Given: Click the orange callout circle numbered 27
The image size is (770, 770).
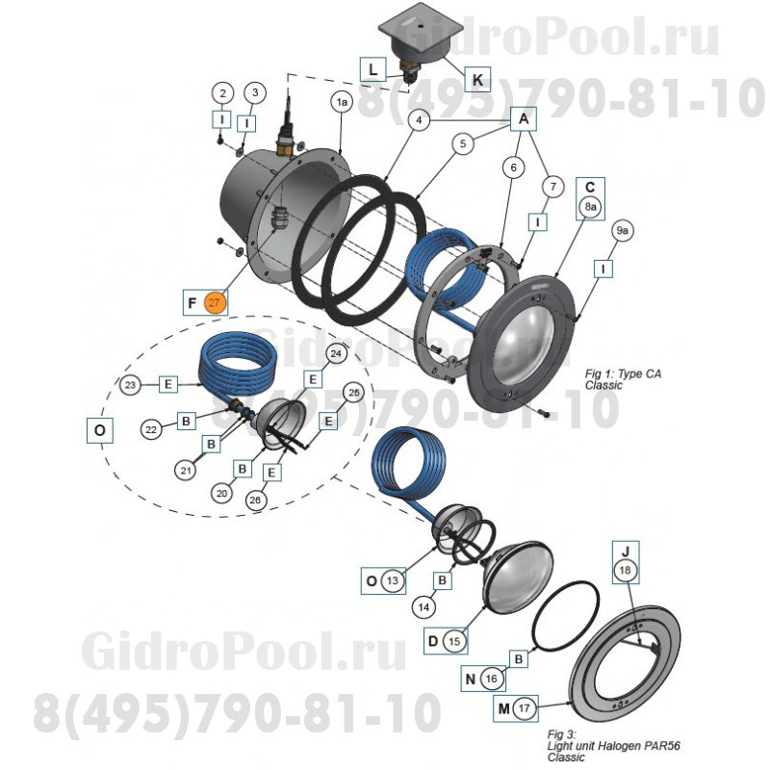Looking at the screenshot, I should point(215,302).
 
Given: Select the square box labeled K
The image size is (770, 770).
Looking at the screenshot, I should point(478,77).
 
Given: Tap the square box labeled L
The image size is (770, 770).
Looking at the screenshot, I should point(372,68).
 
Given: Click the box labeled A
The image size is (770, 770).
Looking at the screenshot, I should point(524,118).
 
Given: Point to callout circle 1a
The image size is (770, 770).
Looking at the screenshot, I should point(342,101).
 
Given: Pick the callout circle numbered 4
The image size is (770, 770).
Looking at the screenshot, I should point(418,120).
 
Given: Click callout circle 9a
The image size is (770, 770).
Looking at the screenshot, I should point(623,231).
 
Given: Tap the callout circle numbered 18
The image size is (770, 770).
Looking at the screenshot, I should point(626,571).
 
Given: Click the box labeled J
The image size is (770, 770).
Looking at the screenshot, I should point(626,551).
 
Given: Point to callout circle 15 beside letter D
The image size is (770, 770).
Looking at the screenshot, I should point(456,640).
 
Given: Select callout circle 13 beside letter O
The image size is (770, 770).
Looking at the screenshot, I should point(392,581).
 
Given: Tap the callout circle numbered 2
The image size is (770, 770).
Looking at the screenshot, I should point(223,93).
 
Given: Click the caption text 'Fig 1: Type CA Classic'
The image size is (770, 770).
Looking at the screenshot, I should point(624,377).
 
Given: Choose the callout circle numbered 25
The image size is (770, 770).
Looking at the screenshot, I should point(353,393).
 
